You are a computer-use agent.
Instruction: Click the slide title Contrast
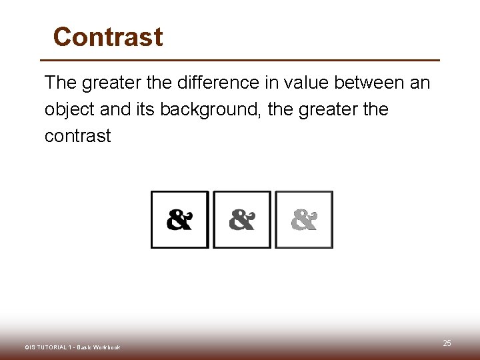(108, 37)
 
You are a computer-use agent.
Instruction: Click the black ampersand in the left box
(179, 219)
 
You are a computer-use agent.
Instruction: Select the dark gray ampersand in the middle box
(242, 219)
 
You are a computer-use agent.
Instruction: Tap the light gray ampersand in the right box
(304, 219)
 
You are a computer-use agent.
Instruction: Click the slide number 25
(447, 343)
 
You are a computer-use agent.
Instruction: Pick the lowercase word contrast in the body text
(77, 136)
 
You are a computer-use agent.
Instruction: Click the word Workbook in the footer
(106, 347)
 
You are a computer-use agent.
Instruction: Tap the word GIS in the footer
(31, 347)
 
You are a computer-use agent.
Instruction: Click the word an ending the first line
(419, 83)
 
